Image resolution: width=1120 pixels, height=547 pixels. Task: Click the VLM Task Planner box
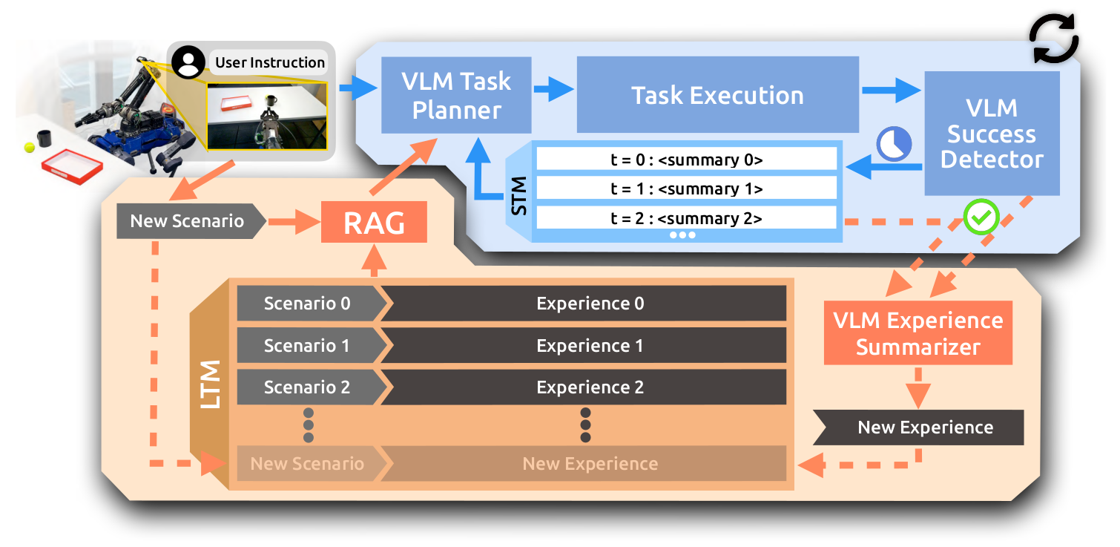click(456, 95)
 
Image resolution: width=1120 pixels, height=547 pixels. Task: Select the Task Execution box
click(717, 95)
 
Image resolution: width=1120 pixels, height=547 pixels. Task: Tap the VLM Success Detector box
click(992, 134)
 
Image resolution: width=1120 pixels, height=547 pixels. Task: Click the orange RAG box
click(374, 222)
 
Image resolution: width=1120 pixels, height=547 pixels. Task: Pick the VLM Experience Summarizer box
click(918, 333)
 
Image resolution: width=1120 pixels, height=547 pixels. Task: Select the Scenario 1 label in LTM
click(308, 346)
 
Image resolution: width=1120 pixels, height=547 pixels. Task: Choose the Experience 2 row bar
click(590, 387)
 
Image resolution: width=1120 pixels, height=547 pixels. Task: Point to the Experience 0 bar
click(590, 304)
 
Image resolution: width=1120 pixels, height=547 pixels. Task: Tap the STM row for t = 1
click(686, 189)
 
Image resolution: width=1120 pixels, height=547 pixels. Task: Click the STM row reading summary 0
click(686, 159)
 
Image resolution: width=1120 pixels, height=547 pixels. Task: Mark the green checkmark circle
click(981, 217)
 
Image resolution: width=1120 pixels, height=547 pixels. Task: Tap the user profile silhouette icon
click(188, 63)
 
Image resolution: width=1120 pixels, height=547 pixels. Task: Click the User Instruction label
click(270, 62)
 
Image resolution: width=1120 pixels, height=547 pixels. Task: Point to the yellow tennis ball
click(29, 147)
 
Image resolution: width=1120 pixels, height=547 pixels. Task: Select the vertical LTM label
click(211, 386)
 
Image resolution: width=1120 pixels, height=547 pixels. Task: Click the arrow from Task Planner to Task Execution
click(553, 92)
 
